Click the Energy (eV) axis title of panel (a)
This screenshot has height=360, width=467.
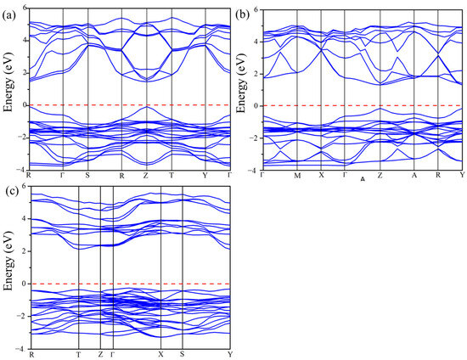click(8, 88)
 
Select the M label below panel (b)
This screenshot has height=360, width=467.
click(297, 176)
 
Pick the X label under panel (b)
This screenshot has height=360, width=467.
click(321, 176)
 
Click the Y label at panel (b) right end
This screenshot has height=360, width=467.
click(462, 176)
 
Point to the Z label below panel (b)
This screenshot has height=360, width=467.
click(380, 176)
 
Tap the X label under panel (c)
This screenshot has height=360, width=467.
click(160, 354)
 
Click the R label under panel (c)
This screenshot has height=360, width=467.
click(30, 354)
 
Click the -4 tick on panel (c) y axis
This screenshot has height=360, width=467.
click(22, 348)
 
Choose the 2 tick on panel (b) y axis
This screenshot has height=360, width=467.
click(255, 73)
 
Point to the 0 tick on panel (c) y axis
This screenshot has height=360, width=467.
click(24, 284)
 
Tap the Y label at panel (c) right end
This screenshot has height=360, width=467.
click(230, 354)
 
